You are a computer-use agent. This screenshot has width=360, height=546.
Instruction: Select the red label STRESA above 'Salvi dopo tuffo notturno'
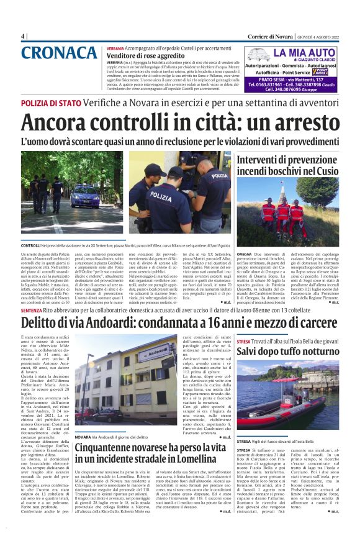tap(243, 340)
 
